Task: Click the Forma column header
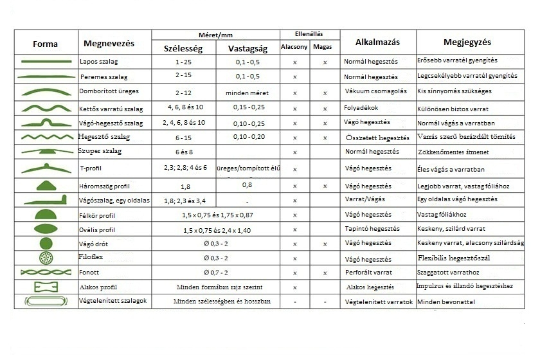[x=45, y=44]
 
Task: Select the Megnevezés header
[x=109, y=43]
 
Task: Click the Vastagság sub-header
[x=244, y=48]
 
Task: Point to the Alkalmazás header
[x=377, y=42]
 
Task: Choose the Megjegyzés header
[x=467, y=42]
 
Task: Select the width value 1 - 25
[x=183, y=62]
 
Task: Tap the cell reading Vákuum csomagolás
[x=375, y=91]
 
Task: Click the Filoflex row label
[x=92, y=258]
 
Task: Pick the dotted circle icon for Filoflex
[x=46, y=258]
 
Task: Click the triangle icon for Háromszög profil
[x=46, y=184]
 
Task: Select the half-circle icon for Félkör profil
[x=46, y=213]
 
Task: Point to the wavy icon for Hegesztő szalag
[x=46, y=137]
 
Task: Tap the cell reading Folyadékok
[x=361, y=107]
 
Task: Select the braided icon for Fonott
[x=46, y=273]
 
